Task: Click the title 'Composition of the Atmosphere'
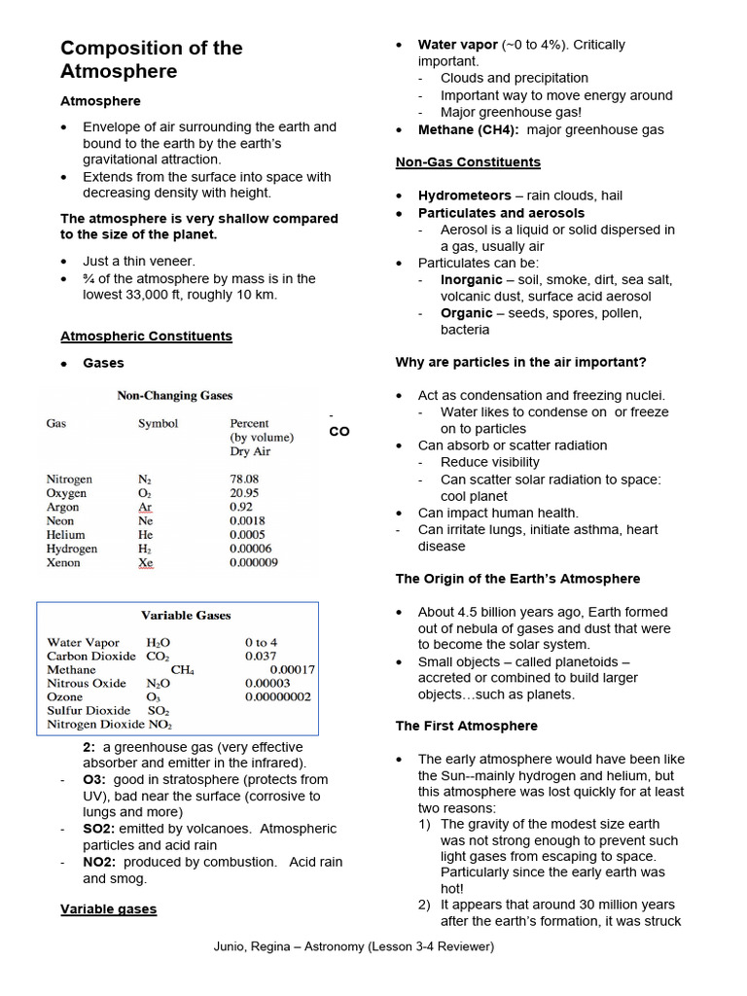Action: click(x=151, y=59)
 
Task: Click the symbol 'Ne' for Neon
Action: click(x=146, y=521)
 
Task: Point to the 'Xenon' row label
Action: click(x=64, y=562)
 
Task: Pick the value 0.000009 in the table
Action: click(x=253, y=562)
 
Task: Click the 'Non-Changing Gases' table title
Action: click(x=174, y=396)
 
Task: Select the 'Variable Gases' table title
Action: click(x=186, y=616)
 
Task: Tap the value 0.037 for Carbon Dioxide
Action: click(x=260, y=657)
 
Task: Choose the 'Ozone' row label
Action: click(x=64, y=697)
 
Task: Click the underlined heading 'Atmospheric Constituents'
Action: click(x=146, y=336)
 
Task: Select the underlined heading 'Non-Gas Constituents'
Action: click(x=468, y=161)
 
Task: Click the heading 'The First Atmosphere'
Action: click(x=466, y=726)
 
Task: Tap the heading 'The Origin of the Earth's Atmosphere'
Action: click(x=517, y=579)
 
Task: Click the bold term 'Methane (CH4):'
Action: click(x=468, y=129)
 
